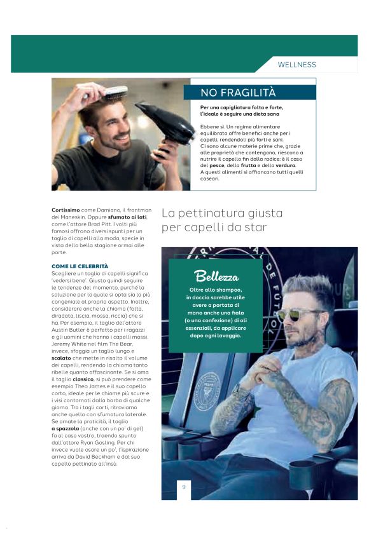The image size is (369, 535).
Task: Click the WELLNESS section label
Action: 296,65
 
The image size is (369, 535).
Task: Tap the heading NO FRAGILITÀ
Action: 238,93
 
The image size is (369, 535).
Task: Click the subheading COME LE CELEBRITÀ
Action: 80,266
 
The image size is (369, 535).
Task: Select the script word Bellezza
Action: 217,276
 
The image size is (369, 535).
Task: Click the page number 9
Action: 184,487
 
